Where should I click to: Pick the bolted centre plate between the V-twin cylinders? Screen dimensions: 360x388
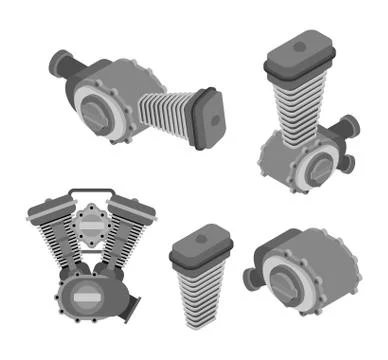coord(90,226)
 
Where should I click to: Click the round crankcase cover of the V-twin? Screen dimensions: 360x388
coord(86,296)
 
